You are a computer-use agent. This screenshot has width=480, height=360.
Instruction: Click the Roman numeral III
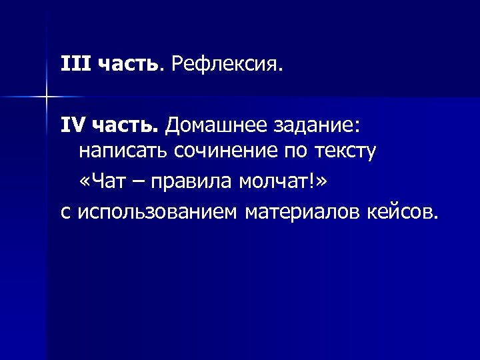click(75, 65)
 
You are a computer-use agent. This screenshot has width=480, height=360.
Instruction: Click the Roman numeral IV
click(73, 124)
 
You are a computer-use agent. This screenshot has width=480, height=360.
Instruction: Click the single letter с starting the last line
click(65, 212)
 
